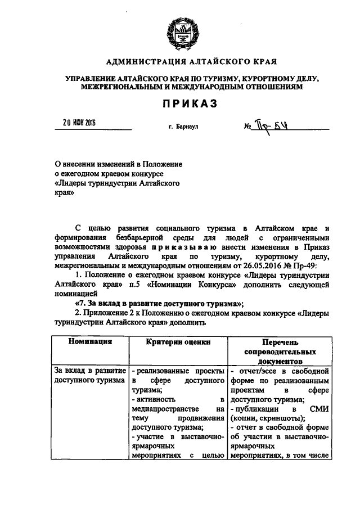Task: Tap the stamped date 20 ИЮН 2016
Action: point(79,123)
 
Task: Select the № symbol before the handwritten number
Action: point(247,127)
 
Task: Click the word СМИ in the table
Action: point(318,408)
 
